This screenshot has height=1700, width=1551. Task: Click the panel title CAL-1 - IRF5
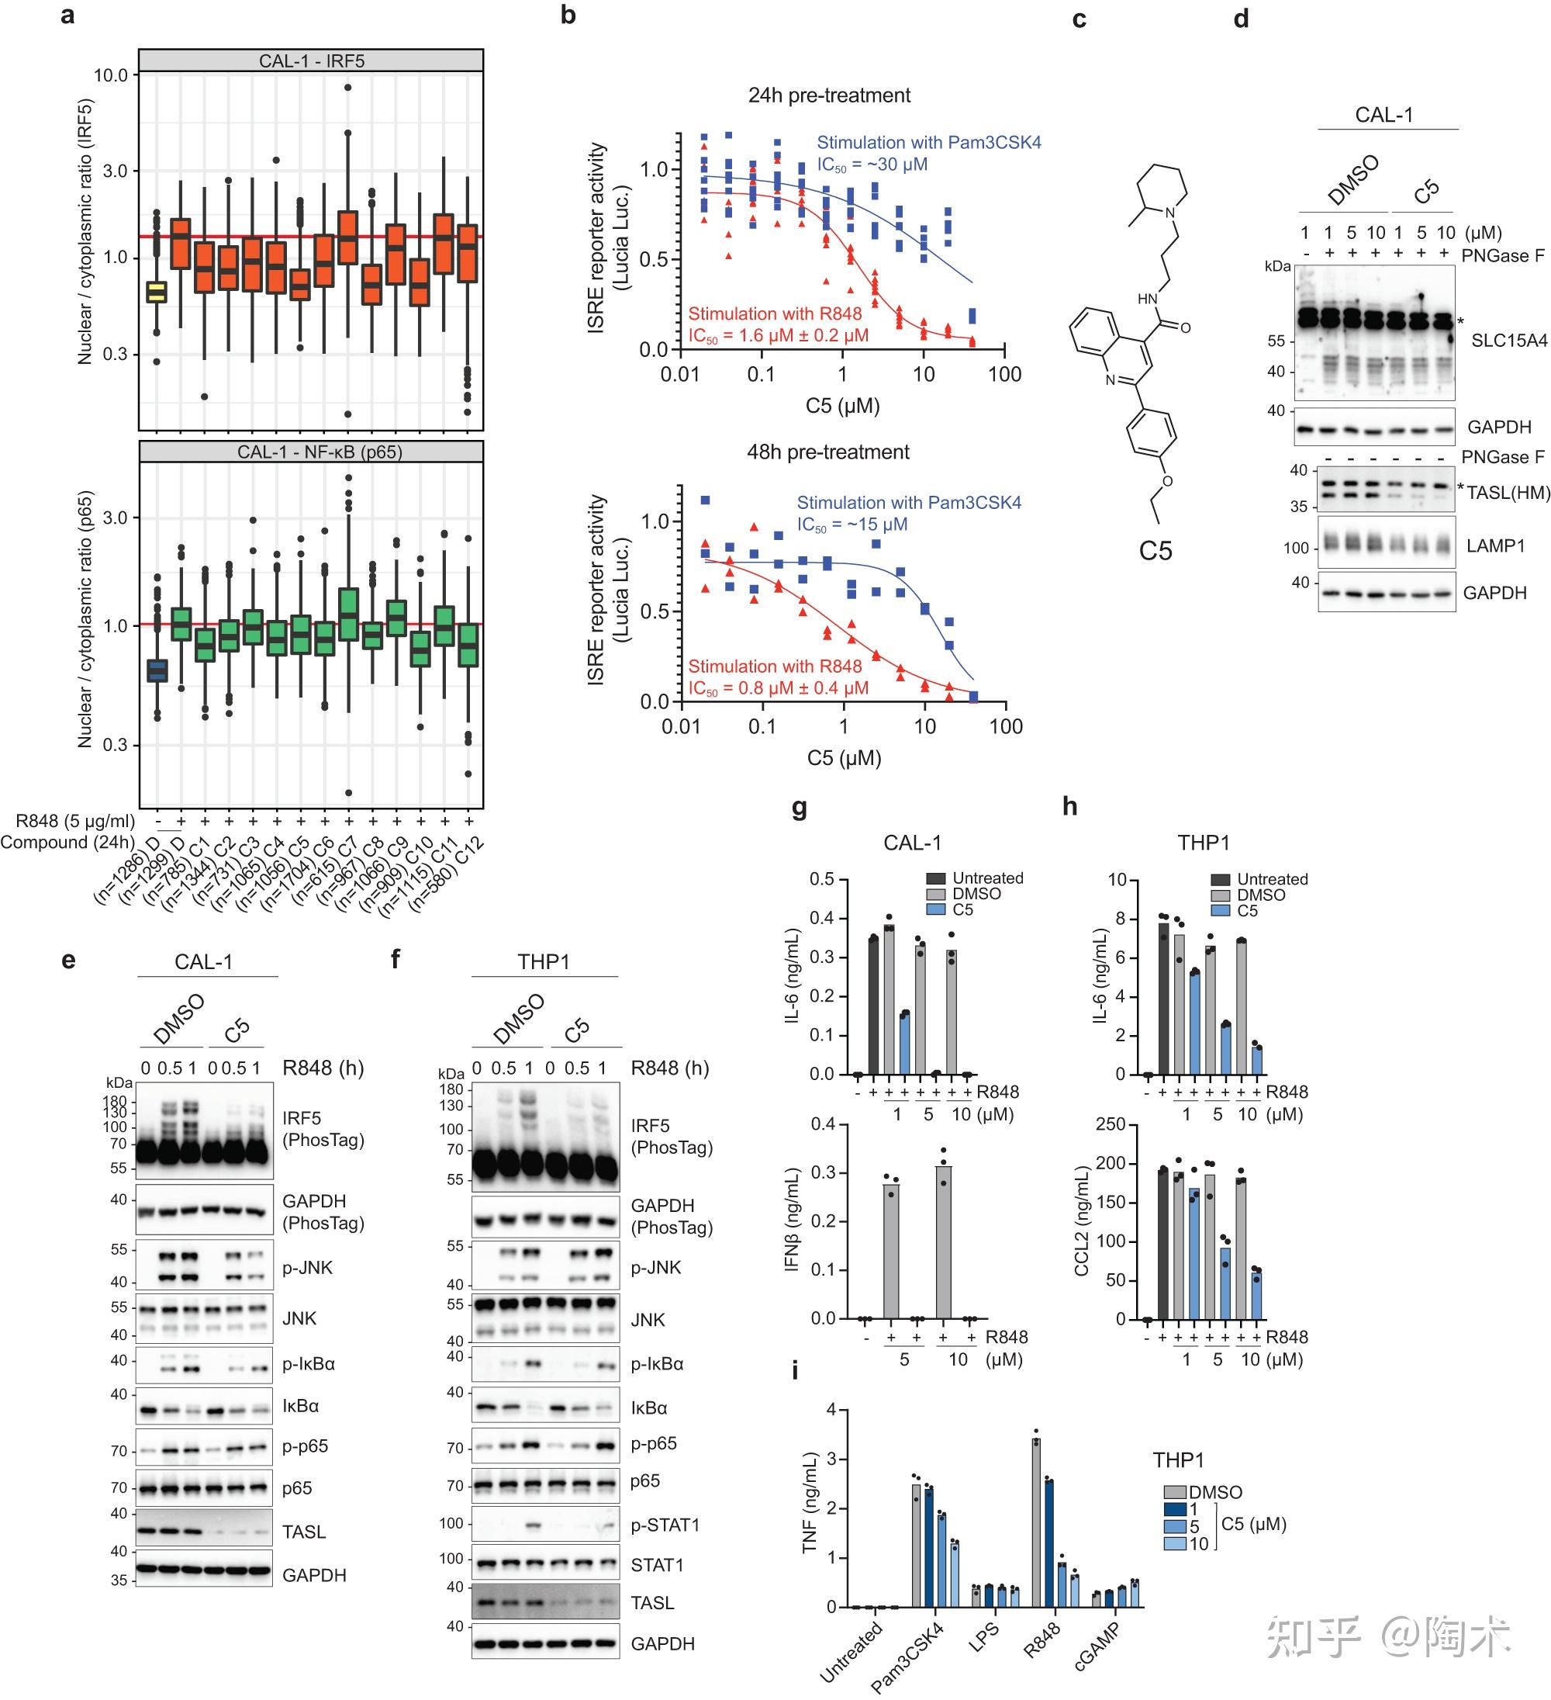[311, 61]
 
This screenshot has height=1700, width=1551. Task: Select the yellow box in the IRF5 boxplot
[157, 292]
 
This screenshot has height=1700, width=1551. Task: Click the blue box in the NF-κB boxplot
[157, 670]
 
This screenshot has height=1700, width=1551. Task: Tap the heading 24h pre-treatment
[828, 95]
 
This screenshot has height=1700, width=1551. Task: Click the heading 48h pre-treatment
[827, 452]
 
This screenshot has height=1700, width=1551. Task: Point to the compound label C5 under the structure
[1155, 551]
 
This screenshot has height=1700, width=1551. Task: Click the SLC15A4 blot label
[1509, 341]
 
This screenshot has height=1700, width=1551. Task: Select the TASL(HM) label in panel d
[1508, 493]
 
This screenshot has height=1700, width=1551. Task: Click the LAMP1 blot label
[1495, 545]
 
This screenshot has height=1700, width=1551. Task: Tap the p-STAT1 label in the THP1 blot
[665, 1525]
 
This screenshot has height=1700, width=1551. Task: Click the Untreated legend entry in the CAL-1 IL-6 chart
[987, 878]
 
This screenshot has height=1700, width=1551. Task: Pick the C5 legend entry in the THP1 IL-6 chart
[1247, 911]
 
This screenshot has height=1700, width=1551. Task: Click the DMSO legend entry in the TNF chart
[1214, 1493]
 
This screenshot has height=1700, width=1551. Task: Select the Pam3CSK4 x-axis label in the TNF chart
[909, 1656]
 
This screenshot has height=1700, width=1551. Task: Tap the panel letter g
[799, 807]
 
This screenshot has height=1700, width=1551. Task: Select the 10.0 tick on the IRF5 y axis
[110, 76]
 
